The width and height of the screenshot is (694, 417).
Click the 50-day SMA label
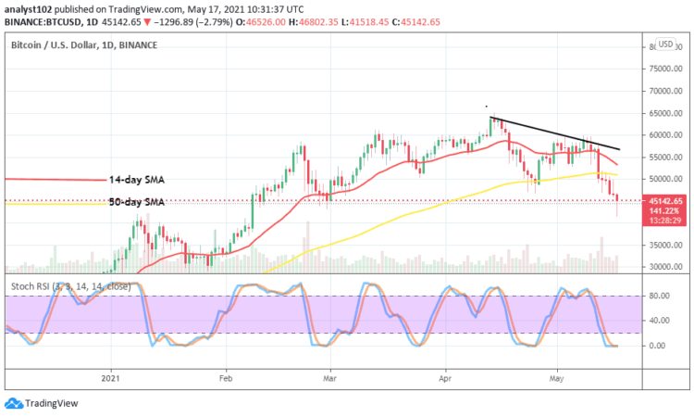point(136,201)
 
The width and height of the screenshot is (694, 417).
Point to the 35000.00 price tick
point(664,246)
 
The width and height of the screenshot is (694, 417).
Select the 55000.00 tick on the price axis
point(664,157)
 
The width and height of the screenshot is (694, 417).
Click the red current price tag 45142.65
point(665,201)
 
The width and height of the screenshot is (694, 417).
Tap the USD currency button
point(664,44)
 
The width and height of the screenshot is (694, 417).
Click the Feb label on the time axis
point(225,379)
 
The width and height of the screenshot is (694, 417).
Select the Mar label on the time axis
point(330,379)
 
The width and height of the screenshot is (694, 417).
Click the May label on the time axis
point(557,379)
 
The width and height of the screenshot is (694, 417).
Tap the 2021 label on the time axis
point(111,379)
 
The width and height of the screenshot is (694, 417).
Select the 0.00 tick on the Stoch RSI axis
point(660,346)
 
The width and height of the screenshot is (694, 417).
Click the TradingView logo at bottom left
point(42,403)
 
